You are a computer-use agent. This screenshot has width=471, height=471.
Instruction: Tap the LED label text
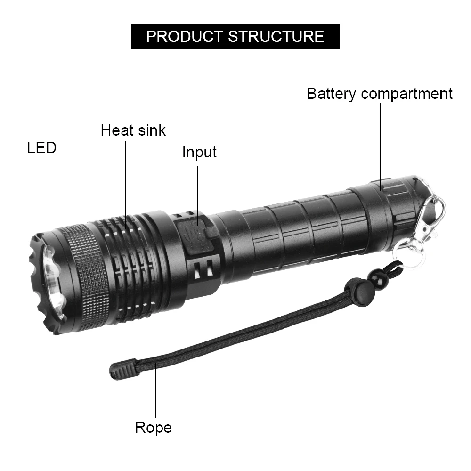(x=41, y=148)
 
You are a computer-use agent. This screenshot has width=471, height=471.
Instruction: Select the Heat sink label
(x=133, y=130)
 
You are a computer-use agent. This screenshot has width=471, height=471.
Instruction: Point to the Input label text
(x=199, y=152)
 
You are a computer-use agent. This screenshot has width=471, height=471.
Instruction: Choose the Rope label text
(x=153, y=428)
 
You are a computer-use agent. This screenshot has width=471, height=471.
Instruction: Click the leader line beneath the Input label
(x=197, y=188)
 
